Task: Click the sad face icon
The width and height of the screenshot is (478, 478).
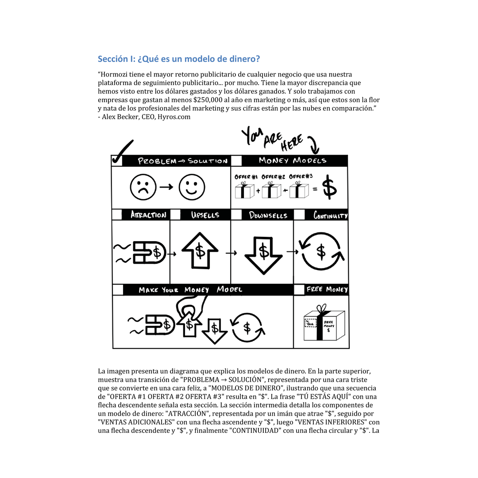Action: [x=143, y=187]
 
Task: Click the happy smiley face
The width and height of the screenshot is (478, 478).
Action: [x=192, y=187]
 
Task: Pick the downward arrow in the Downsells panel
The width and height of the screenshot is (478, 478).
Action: [x=263, y=254]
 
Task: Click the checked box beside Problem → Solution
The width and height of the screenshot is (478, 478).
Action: [x=117, y=160]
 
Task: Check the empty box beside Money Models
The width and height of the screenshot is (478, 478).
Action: [x=237, y=160]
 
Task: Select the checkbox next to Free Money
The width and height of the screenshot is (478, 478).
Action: [x=299, y=290]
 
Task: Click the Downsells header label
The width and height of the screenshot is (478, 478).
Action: [x=268, y=215]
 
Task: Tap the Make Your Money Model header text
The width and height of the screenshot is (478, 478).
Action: [x=190, y=290]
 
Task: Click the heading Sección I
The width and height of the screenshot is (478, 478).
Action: [x=179, y=59]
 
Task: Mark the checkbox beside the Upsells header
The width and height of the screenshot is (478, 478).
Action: [x=175, y=215]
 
